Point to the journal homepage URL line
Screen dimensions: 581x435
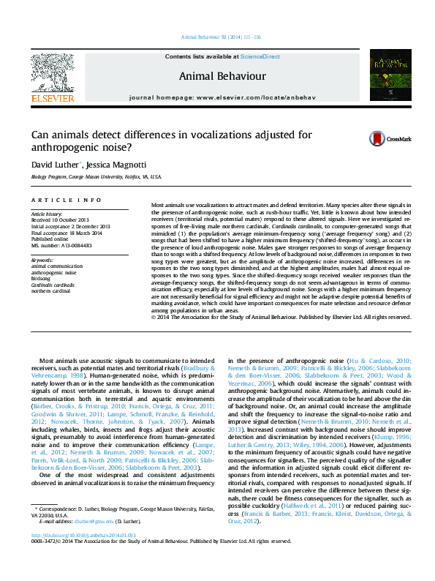pos(217,97)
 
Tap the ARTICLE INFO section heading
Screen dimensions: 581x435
pos(67,200)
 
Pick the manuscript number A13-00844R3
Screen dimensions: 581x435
pos(61,245)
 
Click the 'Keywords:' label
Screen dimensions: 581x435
pos(42,260)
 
